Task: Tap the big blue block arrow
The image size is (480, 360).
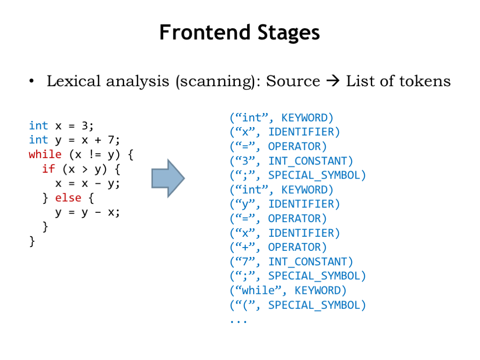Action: pos(168,178)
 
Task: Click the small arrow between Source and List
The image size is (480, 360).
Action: pos(333,81)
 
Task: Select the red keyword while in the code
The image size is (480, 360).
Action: pos(45,154)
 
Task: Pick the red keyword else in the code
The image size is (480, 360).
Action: pos(68,198)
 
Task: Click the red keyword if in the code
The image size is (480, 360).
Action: pos(49,168)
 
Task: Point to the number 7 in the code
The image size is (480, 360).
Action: pos(111,140)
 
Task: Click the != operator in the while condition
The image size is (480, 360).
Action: pos(95,154)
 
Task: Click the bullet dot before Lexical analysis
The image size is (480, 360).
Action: pos(31,81)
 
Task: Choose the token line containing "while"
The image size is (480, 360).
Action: pos(288,290)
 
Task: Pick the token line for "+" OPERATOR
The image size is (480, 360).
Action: pos(278,247)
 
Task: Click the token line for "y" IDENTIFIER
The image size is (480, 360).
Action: pos(285,204)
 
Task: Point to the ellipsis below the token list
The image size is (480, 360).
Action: pos(239,322)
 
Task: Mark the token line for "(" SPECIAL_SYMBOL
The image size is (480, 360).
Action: pos(298,305)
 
